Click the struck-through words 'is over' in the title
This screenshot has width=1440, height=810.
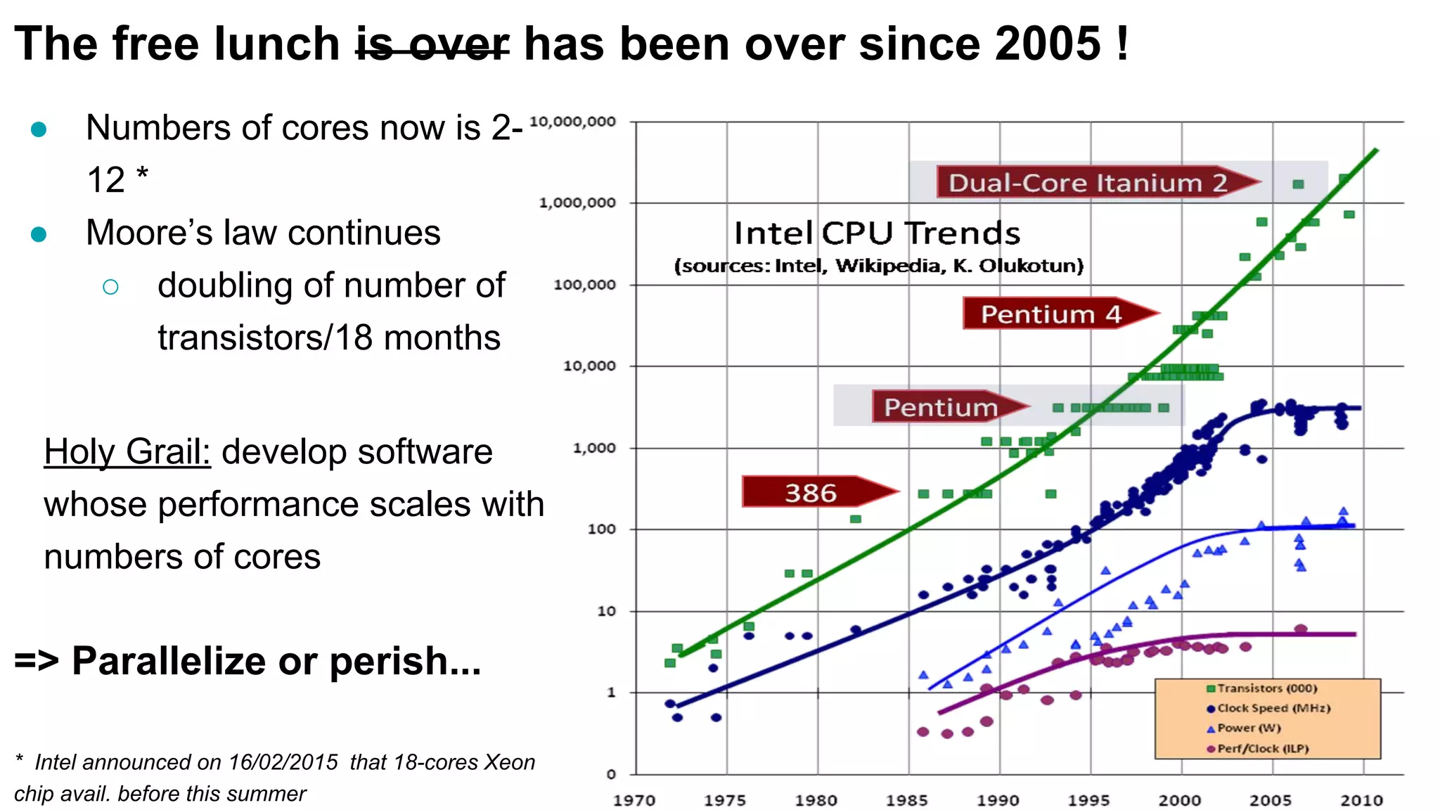coord(432,44)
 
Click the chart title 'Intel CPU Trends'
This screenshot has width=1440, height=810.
coord(877,233)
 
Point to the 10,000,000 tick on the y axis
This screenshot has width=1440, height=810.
coord(572,122)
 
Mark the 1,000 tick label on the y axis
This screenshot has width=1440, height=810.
coord(594,448)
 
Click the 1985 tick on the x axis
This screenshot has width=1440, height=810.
coord(907,800)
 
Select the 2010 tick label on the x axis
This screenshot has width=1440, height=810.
coord(1361,800)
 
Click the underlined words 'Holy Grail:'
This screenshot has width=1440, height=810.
coord(127,451)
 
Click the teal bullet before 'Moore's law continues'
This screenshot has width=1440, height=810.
coord(39,233)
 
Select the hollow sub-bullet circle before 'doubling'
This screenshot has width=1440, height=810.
coord(110,286)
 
